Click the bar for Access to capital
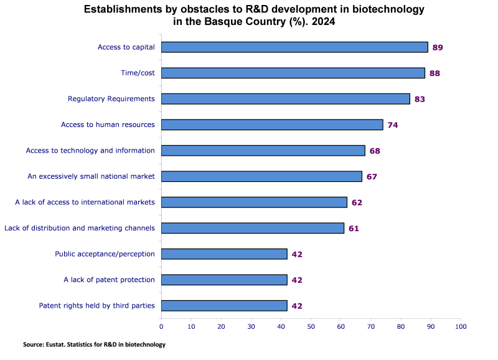(294, 47)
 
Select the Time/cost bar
(293, 73)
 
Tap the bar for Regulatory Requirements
(286, 98)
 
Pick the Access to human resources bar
(272, 125)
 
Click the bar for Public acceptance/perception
(224, 253)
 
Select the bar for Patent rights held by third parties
(224, 305)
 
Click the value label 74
(392, 125)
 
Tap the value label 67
(372, 176)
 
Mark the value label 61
(354, 228)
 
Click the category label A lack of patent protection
(109, 280)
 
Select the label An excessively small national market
(91, 176)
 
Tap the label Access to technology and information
(90, 150)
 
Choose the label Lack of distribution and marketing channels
(80, 228)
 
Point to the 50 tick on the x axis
(311, 326)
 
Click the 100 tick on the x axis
(460, 326)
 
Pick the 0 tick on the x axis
(161, 326)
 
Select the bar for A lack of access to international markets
(254, 202)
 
